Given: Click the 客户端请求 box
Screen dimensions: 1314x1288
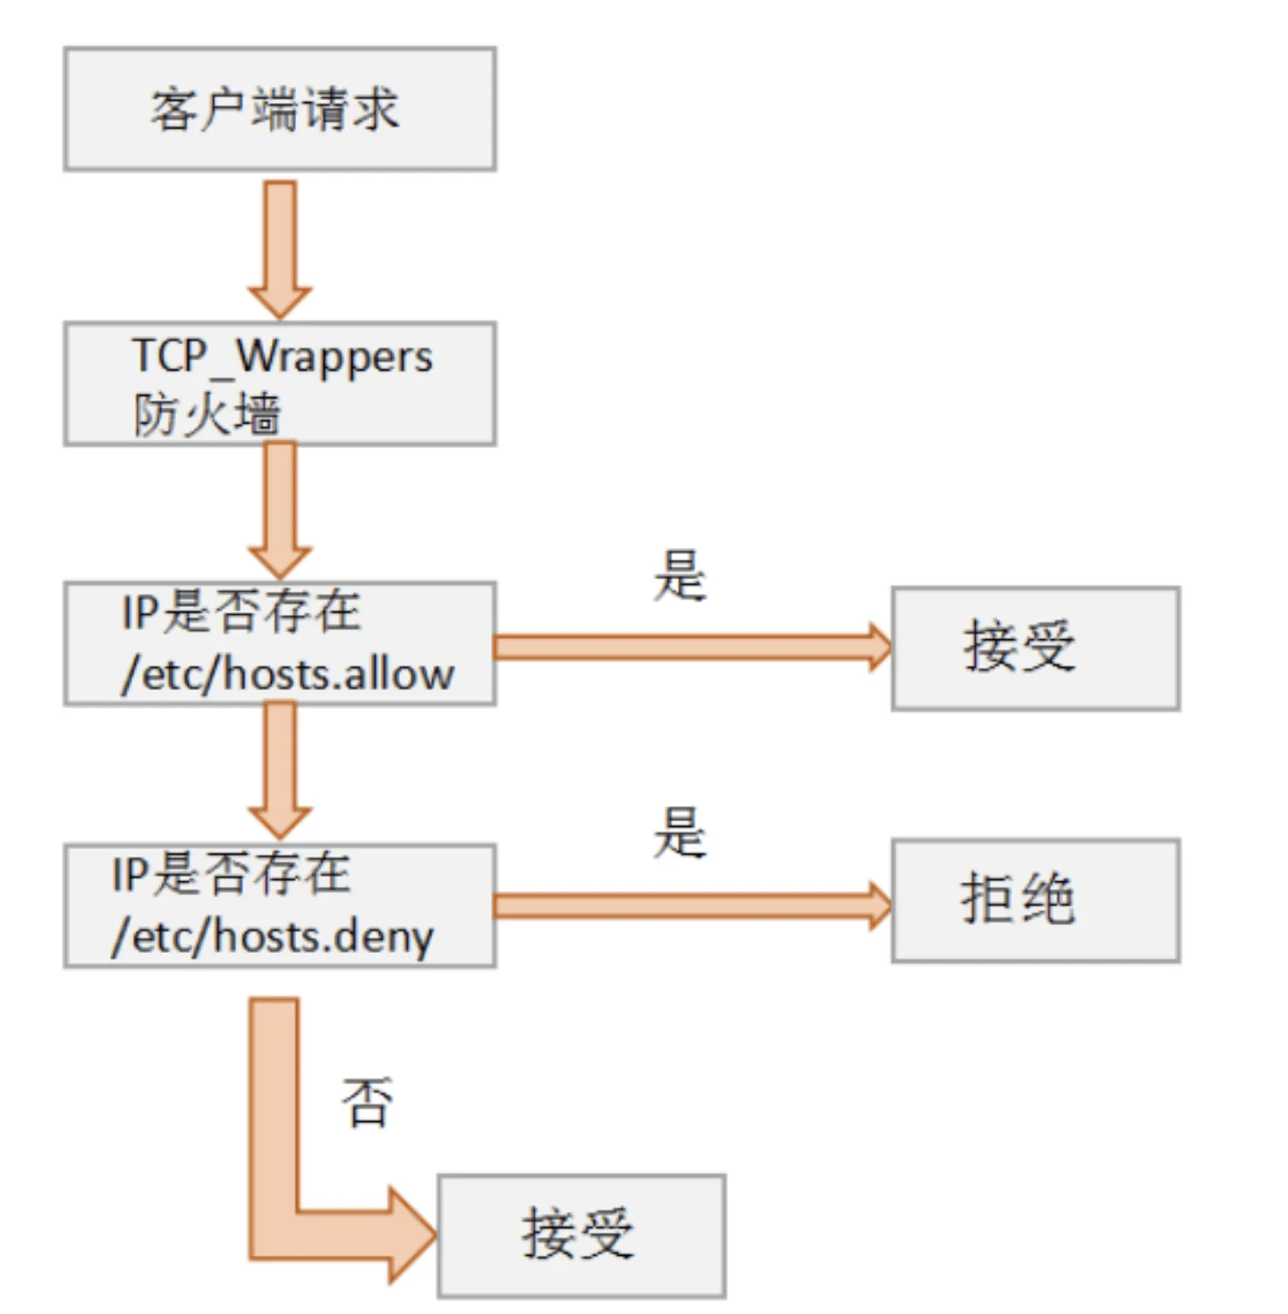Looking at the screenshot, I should pos(279,109).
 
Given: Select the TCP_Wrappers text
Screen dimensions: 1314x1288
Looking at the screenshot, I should pos(282,357).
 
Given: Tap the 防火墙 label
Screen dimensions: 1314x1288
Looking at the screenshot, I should pos(207,415).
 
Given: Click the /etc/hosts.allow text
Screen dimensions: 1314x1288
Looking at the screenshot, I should pos(288,674).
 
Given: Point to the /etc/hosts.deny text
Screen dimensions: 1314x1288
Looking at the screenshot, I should pos(273,936).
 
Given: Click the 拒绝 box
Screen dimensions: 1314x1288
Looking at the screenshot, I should pos(1035,900).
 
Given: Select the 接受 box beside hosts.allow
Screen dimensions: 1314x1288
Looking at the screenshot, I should pos(1035,648).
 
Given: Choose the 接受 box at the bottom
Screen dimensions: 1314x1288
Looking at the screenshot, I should pos(580,1235).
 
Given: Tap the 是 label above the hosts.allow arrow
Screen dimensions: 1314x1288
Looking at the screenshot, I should pos(680,576).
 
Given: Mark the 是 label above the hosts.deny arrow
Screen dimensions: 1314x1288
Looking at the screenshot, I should pos(680,832).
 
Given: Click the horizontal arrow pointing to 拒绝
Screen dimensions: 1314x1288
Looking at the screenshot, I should pos(689,905).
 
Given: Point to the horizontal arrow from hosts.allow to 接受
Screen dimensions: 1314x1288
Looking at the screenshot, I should pos(689,647).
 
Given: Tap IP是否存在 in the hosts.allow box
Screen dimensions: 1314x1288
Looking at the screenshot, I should pos(241,612).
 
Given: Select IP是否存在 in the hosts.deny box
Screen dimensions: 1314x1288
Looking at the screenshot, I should pos(231,873).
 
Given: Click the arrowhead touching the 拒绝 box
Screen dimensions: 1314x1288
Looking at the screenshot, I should pos(879,905).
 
